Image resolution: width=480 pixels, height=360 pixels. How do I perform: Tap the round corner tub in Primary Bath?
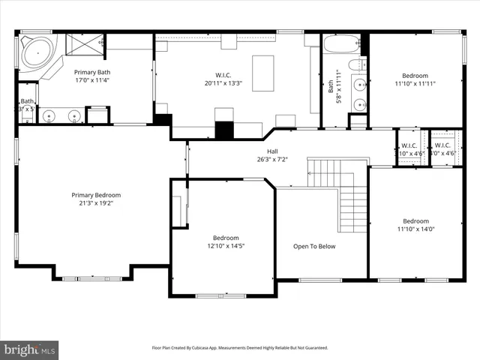pos(34,52)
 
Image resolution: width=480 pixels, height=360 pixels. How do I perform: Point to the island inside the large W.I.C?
pos(262,72)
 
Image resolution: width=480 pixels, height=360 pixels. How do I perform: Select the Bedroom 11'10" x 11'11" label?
pos(415,76)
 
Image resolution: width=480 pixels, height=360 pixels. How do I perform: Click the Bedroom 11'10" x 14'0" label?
pos(415,221)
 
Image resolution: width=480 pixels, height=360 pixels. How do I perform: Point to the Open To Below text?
pos(314,246)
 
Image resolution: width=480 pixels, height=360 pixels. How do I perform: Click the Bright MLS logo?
pos(30,349)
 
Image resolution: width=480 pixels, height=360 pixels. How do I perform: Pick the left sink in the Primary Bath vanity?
pos(49,115)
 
